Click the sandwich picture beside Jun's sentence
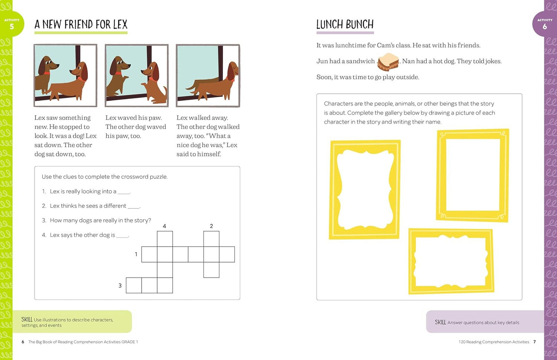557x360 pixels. click(388, 62)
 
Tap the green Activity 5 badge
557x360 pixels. click(12, 24)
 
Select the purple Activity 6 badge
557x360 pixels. click(544, 24)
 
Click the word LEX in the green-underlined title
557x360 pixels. click(120, 25)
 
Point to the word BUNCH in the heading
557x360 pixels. click(359, 25)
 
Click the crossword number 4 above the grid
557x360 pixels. click(165, 226)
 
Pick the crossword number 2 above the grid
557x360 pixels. click(211, 226)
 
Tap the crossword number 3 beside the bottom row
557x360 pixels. click(120, 286)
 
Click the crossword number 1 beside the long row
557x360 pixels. click(136, 254)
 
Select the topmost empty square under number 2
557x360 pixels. click(211, 239)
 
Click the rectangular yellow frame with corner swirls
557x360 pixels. click(473, 175)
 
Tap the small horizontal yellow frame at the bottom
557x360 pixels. click(451, 261)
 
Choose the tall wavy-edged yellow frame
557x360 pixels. click(365, 189)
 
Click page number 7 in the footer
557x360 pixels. click(534, 342)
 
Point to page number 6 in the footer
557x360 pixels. click(23, 342)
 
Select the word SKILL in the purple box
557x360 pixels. click(440, 322)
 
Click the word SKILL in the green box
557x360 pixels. click(27, 320)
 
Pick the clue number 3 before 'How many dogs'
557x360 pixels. click(44, 220)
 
